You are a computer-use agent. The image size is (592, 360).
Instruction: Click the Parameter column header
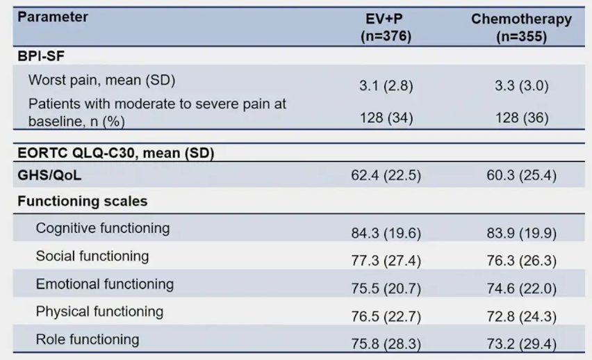(53, 17)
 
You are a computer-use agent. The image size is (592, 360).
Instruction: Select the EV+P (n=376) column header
(386, 28)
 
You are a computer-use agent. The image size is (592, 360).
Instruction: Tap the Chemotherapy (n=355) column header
(521, 28)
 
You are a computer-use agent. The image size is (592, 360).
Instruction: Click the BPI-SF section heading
(41, 56)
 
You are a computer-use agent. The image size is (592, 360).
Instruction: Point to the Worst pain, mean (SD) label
(101, 80)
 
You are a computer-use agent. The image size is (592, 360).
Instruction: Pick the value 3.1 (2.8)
(386, 85)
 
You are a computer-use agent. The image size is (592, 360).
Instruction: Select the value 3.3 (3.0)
(521, 85)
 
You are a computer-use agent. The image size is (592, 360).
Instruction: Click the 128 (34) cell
(386, 118)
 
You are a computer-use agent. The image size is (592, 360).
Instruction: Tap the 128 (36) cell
(522, 118)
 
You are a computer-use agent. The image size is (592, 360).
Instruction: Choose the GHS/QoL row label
(49, 175)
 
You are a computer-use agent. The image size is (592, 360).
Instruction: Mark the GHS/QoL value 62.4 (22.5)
(386, 175)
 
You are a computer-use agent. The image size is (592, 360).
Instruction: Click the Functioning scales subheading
(82, 201)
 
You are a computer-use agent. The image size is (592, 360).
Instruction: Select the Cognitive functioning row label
(103, 228)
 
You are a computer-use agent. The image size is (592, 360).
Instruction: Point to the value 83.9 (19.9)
(521, 233)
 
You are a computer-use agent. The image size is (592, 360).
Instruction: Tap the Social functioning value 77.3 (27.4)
(386, 261)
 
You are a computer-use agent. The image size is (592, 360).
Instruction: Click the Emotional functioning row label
(105, 284)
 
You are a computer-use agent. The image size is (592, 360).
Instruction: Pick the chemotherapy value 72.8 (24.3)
(521, 316)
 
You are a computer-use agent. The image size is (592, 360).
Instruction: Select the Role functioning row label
(88, 339)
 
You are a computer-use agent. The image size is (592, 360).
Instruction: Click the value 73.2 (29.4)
(521, 344)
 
